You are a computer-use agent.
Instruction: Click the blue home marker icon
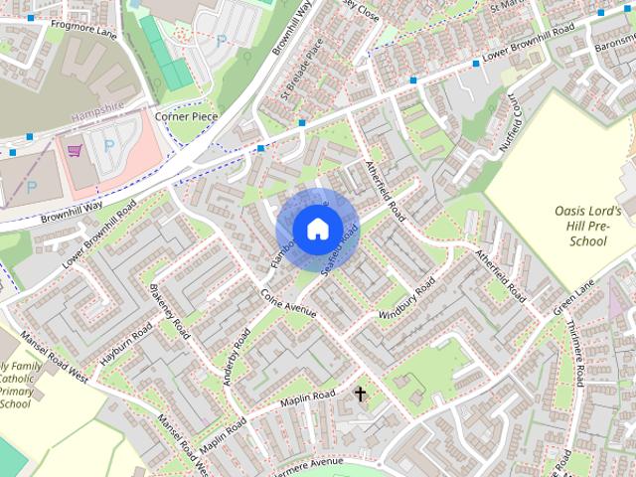[317, 229]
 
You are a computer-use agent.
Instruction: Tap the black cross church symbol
[360, 395]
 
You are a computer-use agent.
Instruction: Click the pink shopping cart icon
[74, 151]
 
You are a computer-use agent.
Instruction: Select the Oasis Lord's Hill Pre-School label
[588, 227]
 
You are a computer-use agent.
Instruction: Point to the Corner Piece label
[186, 116]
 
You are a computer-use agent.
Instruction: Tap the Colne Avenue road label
[287, 303]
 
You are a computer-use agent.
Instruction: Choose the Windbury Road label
[406, 301]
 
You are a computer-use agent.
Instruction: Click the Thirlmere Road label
[572, 353]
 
